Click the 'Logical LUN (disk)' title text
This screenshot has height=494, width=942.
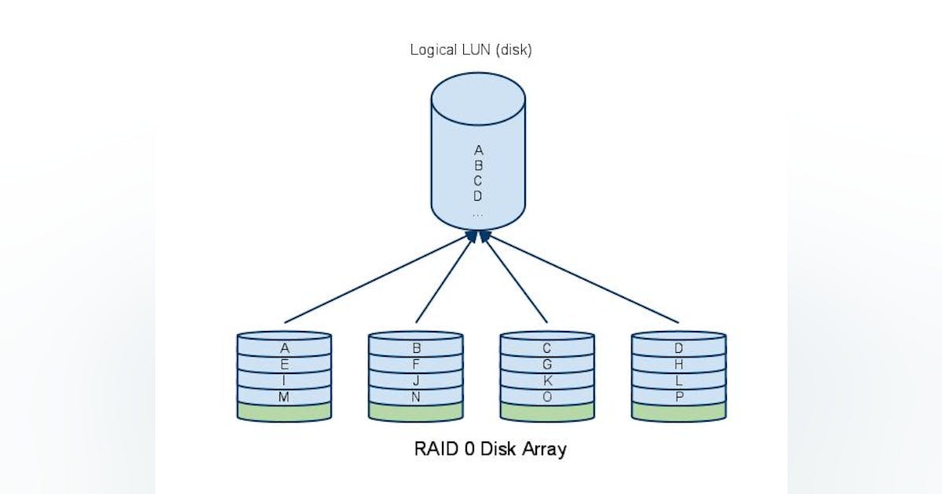click(471, 49)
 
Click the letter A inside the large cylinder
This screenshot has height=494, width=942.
click(478, 150)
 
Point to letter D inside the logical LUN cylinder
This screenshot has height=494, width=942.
click(478, 196)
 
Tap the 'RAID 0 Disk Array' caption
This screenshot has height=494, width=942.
click(490, 450)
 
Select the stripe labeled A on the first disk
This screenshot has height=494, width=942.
click(284, 348)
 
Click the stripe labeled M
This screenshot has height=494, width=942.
click(284, 397)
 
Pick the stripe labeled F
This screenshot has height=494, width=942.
click(416, 365)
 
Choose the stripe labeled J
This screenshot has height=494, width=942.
click(416, 381)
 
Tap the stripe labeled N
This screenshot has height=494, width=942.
click(416, 397)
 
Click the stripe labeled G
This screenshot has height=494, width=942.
click(547, 365)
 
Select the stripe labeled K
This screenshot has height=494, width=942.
click(547, 381)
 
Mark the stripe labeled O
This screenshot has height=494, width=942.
click(547, 397)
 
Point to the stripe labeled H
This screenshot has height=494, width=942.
click(679, 365)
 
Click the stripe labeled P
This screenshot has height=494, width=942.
click(679, 397)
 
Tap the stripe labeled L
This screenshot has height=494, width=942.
click(679, 381)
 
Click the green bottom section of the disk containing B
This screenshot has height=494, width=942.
click(416, 412)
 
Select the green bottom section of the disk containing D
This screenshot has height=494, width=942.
click(679, 412)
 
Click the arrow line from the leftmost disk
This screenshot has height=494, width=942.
click(377, 278)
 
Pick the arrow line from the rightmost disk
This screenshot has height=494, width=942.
click(581, 278)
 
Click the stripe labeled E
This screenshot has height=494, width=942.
click(284, 365)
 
